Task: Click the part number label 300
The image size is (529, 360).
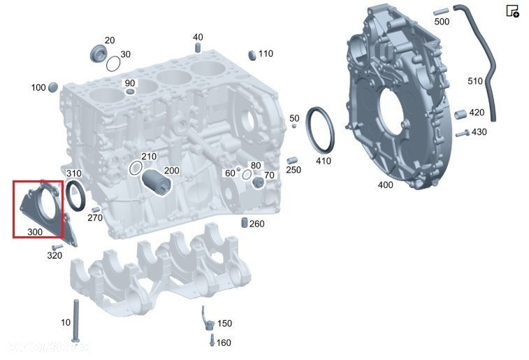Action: point(34,231)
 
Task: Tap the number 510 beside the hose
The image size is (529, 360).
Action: point(475,81)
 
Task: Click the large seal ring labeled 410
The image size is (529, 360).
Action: point(321,129)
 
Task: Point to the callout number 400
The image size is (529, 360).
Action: point(385,185)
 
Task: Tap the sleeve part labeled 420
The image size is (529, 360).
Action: point(461,114)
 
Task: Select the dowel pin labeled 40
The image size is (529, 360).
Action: point(198,48)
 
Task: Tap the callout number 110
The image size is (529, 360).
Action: point(266,54)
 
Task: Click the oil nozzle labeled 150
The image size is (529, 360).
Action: point(206,318)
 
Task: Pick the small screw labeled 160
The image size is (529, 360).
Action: point(210,341)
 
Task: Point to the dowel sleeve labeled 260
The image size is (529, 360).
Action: point(245,223)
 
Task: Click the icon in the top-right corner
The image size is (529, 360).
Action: point(512,10)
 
